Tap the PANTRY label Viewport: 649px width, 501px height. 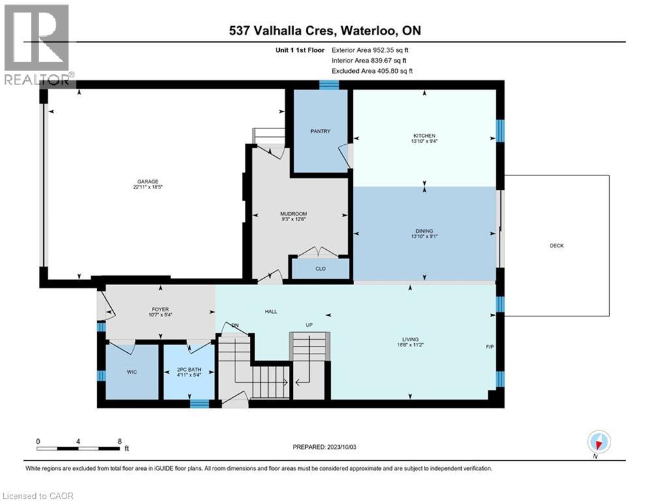click(x=320, y=131)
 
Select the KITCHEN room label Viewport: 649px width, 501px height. click(x=424, y=136)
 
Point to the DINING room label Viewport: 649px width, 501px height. click(x=424, y=231)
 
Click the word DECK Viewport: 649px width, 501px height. click(x=556, y=246)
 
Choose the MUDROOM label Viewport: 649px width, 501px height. click(x=293, y=214)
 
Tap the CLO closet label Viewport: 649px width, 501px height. click(x=320, y=269)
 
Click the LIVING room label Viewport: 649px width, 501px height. click(x=410, y=339)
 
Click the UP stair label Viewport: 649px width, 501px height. click(x=311, y=325)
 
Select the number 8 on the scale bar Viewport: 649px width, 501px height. click(x=119, y=441)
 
